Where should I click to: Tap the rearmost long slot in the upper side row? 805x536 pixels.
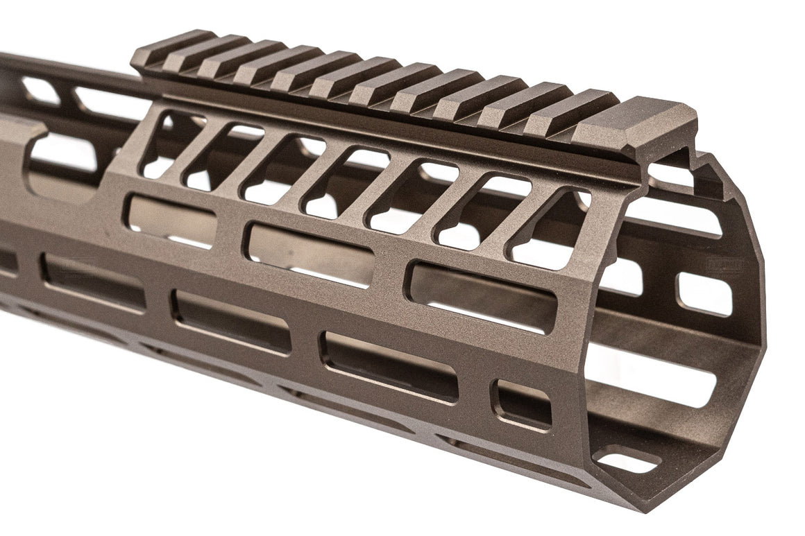coord(170,221)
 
